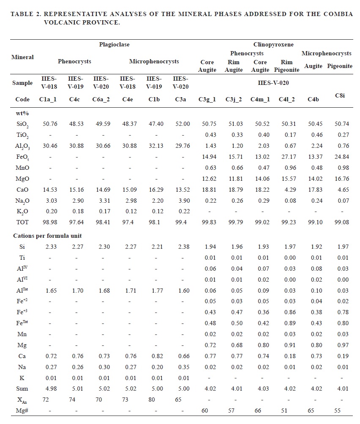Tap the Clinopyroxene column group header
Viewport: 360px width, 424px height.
(x=273, y=44)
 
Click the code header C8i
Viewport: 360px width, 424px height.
(x=340, y=95)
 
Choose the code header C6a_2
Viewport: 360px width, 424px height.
(x=101, y=99)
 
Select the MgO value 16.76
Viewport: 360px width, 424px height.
(x=341, y=179)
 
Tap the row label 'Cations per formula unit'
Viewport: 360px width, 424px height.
(x=47, y=235)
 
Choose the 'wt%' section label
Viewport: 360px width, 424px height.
(x=21, y=113)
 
